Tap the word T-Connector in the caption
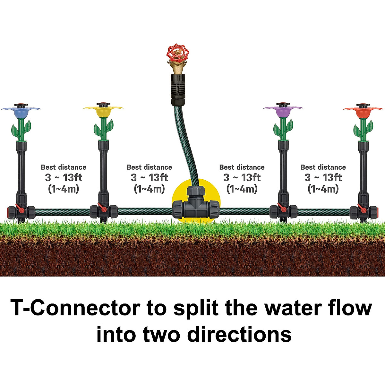76,308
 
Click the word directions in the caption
239,334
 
